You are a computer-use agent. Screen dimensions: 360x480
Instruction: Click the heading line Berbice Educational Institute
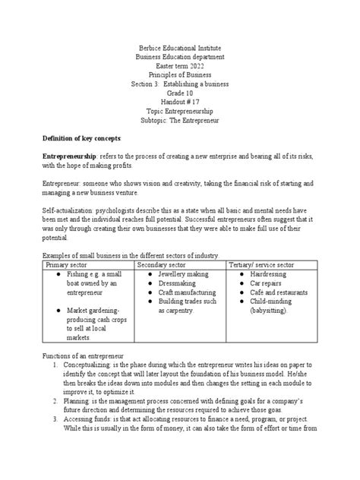180,47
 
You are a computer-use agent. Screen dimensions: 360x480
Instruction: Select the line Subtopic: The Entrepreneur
180,120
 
